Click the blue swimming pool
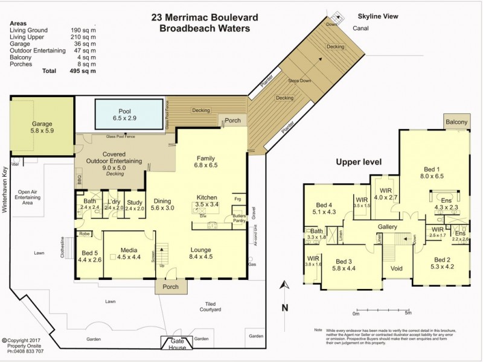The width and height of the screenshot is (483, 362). point(129,114)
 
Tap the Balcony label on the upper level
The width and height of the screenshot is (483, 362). point(456,122)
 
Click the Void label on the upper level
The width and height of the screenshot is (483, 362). point(397,268)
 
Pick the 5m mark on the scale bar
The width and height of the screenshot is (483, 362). point(408,313)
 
